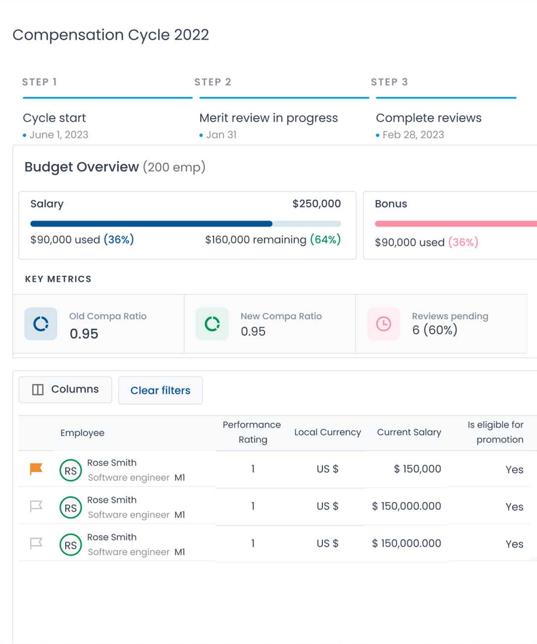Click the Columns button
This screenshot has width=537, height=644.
(65, 390)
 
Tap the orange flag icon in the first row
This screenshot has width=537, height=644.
(36, 469)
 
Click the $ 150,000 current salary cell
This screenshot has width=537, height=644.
(417, 469)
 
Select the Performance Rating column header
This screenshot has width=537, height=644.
(252, 432)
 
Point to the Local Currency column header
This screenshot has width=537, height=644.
(327, 432)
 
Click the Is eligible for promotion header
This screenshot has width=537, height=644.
(495, 432)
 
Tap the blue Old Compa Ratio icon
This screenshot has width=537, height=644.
(41, 324)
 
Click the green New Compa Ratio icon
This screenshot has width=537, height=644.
(212, 324)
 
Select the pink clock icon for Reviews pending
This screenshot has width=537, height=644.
(384, 324)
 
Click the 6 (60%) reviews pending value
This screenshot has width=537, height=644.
(434, 330)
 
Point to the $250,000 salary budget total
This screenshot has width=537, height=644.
(317, 203)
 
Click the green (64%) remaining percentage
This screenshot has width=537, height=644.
(325, 240)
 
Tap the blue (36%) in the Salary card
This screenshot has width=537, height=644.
(119, 240)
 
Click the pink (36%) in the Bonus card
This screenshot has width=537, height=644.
(463, 242)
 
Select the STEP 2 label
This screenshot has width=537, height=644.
(213, 82)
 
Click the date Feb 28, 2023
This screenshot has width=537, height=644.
(413, 135)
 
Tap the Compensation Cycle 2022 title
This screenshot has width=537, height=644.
(110, 35)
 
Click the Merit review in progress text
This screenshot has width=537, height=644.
(268, 118)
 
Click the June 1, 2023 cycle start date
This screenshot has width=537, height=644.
(59, 135)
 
